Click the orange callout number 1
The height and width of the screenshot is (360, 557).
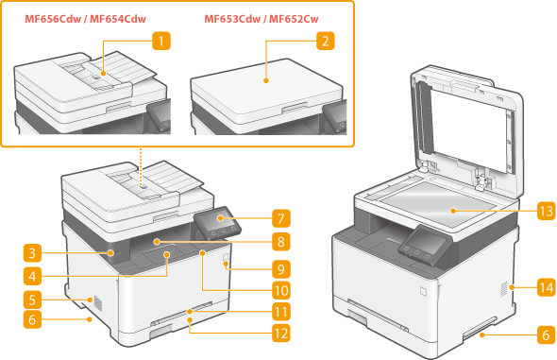tap(161, 41)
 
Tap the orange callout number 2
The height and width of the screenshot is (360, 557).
tap(326, 41)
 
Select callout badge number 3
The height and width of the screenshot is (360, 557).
tap(32, 253)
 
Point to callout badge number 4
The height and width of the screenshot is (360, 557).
tap(32, 276)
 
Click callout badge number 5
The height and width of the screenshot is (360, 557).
tap(32, 300)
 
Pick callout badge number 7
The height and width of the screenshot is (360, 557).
tap(281, 218)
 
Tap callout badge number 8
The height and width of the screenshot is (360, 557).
tap(281, 242)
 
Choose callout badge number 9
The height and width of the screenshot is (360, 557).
tap(281, 269)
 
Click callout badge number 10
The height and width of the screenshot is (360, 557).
tap(281, 290)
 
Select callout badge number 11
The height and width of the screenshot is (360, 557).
tap(281, 312)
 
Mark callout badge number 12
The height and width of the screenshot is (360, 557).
tap(281, 334)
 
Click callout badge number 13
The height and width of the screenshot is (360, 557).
tap(547, 211)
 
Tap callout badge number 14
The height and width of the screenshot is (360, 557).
tap(547, 287)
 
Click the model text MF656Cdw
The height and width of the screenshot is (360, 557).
tap(53, 19)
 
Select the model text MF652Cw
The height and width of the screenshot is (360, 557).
tap(294, 19)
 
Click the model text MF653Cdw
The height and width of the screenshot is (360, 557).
tap(232, 19)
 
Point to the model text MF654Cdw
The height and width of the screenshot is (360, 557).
tap(118, 19)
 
